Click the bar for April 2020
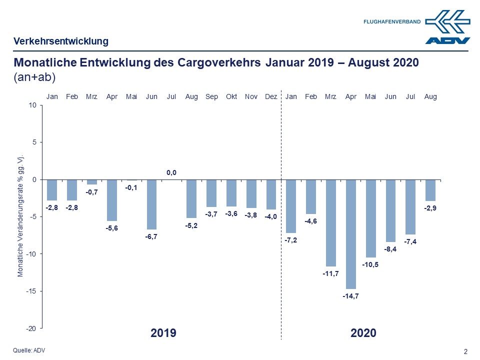(x=351, y=234)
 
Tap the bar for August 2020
(x=430, y=190)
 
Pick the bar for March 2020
(x=331, y=222)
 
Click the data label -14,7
(x=351, y=296)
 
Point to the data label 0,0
(x=171, y=173)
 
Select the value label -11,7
(x=331, y=273)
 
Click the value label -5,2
(x=191, y=225)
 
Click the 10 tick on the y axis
(x=33, y=105)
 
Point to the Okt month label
(x=231, y=96)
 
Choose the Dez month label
(x=271, y=96)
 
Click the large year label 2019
(x=163, y=333)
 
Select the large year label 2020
(x=363, y=333)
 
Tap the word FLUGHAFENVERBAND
(x=392, y=21)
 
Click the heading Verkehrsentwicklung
(x=60, y=41)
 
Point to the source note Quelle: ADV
(x=29, y=350)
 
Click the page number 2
(x=466, y=351)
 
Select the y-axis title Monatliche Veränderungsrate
(x=21, y=216)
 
